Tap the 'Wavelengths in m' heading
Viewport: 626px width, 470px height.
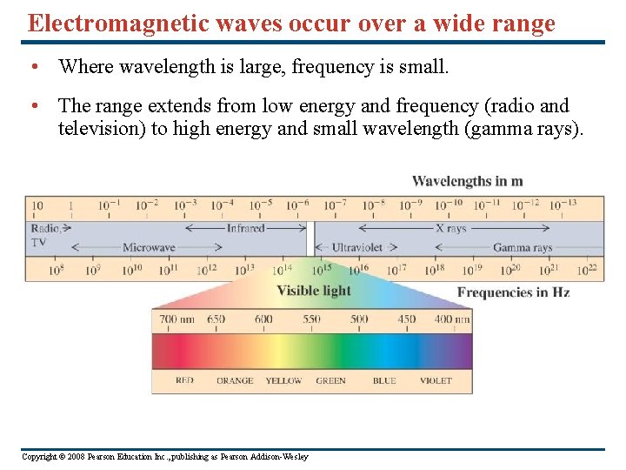click(x=467, y=181)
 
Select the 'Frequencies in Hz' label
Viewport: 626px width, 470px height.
click(x=513, y=292)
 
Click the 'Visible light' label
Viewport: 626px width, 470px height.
click(x=314, y=291)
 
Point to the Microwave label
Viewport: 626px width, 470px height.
click(x=149, y=248)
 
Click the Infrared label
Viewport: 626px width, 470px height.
click(x=245, y=228)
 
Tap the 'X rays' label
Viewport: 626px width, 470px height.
click(x=450, y=228)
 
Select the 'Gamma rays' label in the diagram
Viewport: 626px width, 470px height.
click(x=523, y=248)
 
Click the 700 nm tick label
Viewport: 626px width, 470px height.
click(x=176, y=319)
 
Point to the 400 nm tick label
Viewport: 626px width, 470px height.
click(x=451, y=319)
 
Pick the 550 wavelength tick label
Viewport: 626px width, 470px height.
click(x=311, y=319)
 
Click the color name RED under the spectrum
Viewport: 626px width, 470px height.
click(x=184, y=380)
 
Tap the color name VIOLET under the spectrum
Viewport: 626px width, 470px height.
click(x=436, y=380)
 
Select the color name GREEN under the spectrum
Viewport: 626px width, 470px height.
click(x=330, y=380)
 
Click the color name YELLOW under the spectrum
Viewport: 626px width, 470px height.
click(x=283, y=380)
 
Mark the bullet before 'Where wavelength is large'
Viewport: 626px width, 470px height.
click(x=32, y=66)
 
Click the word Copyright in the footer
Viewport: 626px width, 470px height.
click(x=39, y=457)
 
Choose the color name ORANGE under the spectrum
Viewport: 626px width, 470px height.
click(x=235, y=380)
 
